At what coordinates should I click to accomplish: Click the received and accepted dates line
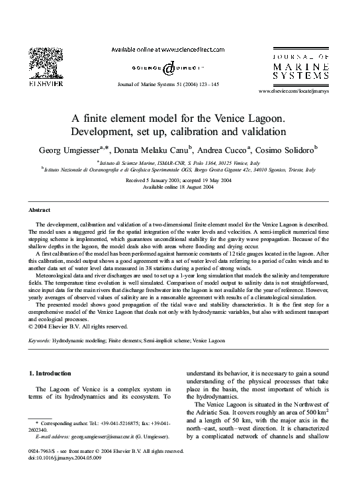click(x=179, y=180)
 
